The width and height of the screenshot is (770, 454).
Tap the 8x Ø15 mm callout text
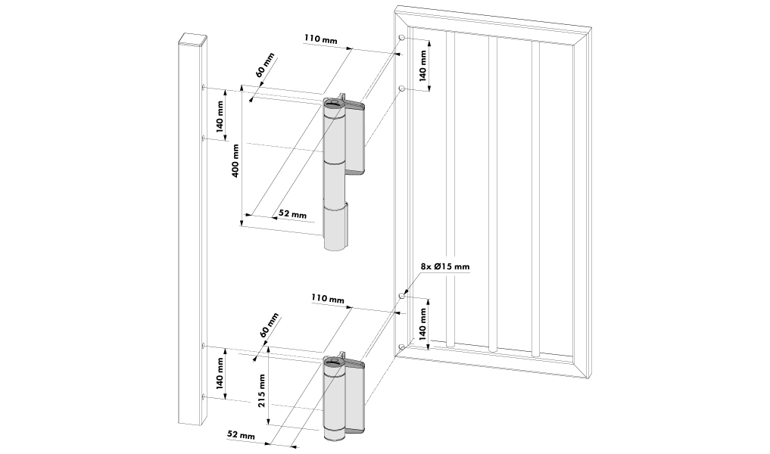[x=444, y=266]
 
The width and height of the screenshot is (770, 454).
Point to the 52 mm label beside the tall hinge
[x=292, y=214]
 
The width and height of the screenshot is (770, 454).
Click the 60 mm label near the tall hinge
[x=265, y=66]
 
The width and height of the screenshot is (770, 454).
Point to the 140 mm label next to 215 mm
[x=219, y=372]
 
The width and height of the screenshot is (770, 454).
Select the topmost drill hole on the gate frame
[x=401, y=38]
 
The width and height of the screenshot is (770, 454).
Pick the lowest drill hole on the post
[x=204, y=396]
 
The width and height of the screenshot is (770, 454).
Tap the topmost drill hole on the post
[x=204, y=87]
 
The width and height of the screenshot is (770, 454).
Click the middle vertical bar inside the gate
[x=493, y=193]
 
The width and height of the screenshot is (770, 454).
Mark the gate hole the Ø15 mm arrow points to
[x=401, y=297]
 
